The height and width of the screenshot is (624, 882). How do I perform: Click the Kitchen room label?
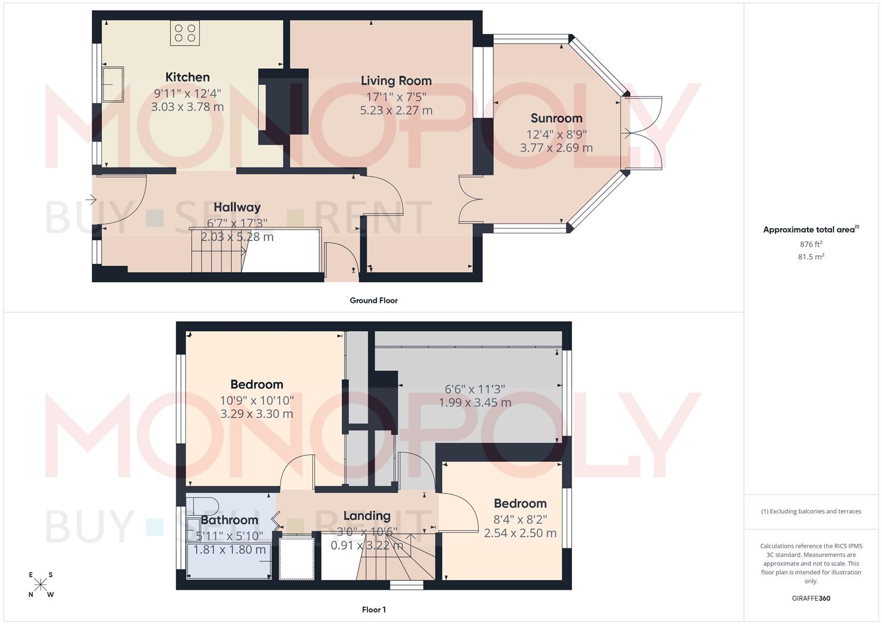187,77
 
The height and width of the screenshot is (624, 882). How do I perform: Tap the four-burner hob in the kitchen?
185,33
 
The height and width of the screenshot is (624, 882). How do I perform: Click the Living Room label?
396,81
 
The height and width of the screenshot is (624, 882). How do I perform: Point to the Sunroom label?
556,118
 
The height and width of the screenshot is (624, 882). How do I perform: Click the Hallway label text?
237,207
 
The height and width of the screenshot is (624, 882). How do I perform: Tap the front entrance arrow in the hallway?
91,200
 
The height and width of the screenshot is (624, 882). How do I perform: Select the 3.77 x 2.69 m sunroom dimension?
556,148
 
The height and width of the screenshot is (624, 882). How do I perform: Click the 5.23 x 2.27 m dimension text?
396,110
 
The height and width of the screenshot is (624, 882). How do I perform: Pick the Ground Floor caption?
373,300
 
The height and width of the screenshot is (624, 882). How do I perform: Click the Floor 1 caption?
374,610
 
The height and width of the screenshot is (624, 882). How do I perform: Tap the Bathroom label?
229,520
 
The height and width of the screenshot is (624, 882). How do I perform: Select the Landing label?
367,516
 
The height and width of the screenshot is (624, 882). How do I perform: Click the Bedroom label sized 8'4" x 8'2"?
520,504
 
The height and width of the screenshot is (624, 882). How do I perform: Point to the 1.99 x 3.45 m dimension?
475,403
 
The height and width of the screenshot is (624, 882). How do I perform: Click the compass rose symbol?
41,585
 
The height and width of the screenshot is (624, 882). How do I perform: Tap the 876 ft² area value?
811,244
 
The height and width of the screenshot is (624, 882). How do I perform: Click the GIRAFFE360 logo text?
811,598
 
